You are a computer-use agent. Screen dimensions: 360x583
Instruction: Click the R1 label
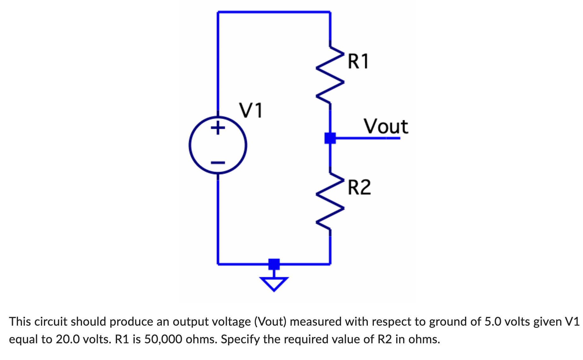(358, 61)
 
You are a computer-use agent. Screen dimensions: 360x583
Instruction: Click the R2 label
(359, 187)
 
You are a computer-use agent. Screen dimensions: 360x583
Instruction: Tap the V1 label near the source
(251, 110)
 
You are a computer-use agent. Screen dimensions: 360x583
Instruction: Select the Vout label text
(386, 126)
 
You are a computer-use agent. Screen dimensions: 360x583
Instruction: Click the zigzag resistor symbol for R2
(330, 202)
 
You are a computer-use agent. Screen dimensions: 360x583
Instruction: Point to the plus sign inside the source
(218, 128)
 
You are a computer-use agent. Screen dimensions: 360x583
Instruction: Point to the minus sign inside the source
(218, 163)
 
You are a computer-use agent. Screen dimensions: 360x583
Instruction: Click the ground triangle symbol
(274, 283)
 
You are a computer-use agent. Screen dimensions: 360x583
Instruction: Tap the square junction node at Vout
(330, 138)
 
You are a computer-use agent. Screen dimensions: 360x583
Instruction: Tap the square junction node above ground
(274, 264)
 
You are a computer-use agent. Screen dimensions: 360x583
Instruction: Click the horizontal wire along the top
(274, 12)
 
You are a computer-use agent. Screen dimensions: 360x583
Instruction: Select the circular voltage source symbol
(218, 145)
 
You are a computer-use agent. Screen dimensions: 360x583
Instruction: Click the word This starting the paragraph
(20, 322)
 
